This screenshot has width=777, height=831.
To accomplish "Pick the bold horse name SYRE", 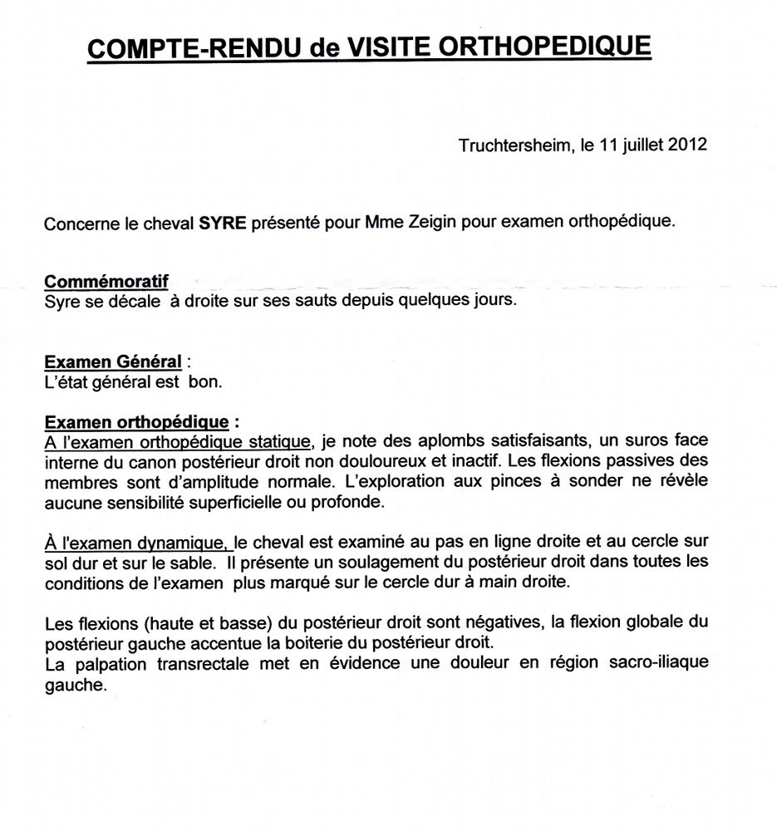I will (x=223, y=224).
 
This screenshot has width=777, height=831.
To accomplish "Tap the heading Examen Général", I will (x=113, y=362).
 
